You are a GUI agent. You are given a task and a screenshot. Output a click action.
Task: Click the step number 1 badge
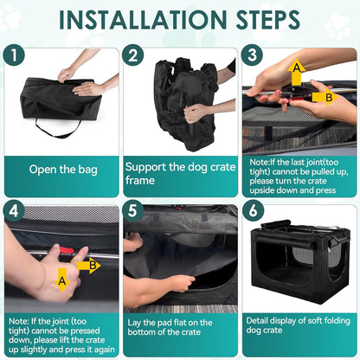[x=14, y=55]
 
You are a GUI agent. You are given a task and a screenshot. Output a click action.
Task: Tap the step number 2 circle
[x=132, y=55]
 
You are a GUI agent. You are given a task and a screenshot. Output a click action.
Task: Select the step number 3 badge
[x=252, y=55]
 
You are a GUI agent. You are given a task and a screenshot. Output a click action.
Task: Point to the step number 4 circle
[x=14, y=211]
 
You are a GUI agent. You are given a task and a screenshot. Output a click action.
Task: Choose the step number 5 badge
[x=132, y=211]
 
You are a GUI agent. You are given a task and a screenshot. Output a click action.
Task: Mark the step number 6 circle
[x=253, y=211]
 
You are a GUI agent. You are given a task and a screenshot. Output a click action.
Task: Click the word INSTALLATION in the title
[x=143, y=20]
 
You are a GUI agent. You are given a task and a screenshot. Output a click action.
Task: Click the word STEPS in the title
[x=268, y=20]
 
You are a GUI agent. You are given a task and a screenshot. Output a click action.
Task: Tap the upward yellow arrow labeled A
[x=297, y=72]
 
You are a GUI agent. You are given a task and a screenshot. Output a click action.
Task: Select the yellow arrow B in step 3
[x=325, y=97]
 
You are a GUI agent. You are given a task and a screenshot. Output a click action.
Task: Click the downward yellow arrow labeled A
[x=62, y=280]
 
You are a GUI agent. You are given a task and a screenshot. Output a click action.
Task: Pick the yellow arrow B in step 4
[x=89, y=265]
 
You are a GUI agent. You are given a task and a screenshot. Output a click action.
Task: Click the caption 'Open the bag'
[x=63, y=170]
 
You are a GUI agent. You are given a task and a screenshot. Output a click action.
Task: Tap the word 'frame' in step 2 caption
[x=140, y=181]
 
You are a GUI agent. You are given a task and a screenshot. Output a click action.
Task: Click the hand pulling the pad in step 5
[x=180, y=283]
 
